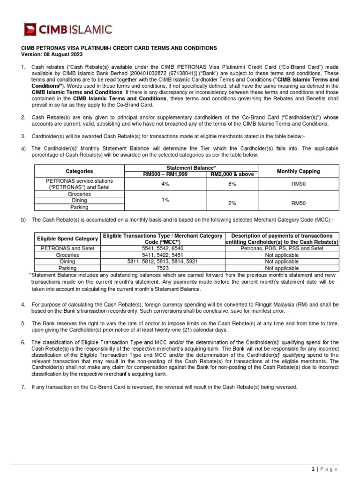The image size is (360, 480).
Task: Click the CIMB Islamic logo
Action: click(x=68, y=30)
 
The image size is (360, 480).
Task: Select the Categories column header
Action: click(x=79, y=171)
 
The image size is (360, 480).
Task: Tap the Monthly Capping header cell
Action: click(x=298, y=171)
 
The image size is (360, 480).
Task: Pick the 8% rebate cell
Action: click(x=232, y=184)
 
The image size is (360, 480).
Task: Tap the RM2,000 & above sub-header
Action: click(x=232, y=174)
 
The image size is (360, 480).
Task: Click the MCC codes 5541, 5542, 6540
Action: click(x=162, y=248)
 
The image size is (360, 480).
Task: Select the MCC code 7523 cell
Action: click(x=162, y=268)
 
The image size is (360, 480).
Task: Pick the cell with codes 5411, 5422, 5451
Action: click(x=162, y=255)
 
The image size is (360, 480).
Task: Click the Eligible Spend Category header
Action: click(x=67, y=239)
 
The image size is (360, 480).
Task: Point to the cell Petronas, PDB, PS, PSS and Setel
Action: click(x=282, y=248)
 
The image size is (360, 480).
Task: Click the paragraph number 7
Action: click(x=23, y=387)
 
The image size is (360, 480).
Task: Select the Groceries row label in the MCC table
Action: click(x=67, y=255)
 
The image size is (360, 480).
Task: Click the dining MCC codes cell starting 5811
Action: click(x=162, y=262)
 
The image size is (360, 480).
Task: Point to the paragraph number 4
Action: click(x=23, y=305)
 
